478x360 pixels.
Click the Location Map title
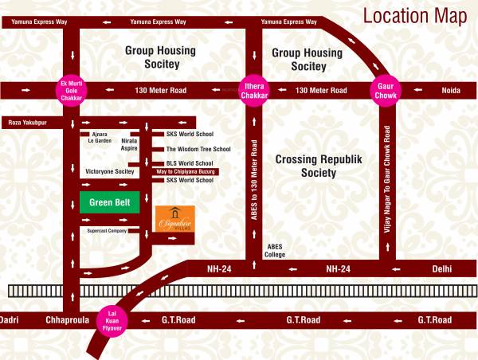click(414, 16)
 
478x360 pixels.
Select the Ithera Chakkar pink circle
click(256, 90)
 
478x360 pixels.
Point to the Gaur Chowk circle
click(386, 90)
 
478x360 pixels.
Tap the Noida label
click(451, 91)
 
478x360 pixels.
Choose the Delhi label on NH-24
click(443, 269)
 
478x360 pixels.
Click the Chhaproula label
click(65, 320)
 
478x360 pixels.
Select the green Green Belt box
click(110, 202)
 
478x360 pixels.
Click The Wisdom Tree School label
click(198, 149)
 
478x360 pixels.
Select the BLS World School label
click(189, 163)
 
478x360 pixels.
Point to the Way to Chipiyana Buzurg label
click(186, 172)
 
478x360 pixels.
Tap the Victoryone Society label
click(109, 171)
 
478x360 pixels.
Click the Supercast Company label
click(107, 231)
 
